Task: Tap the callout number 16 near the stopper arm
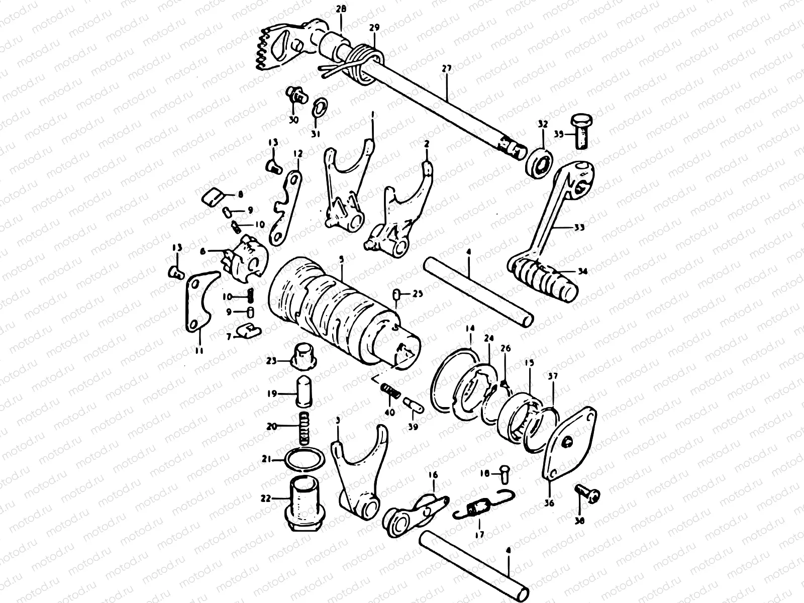tap(433, 475)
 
